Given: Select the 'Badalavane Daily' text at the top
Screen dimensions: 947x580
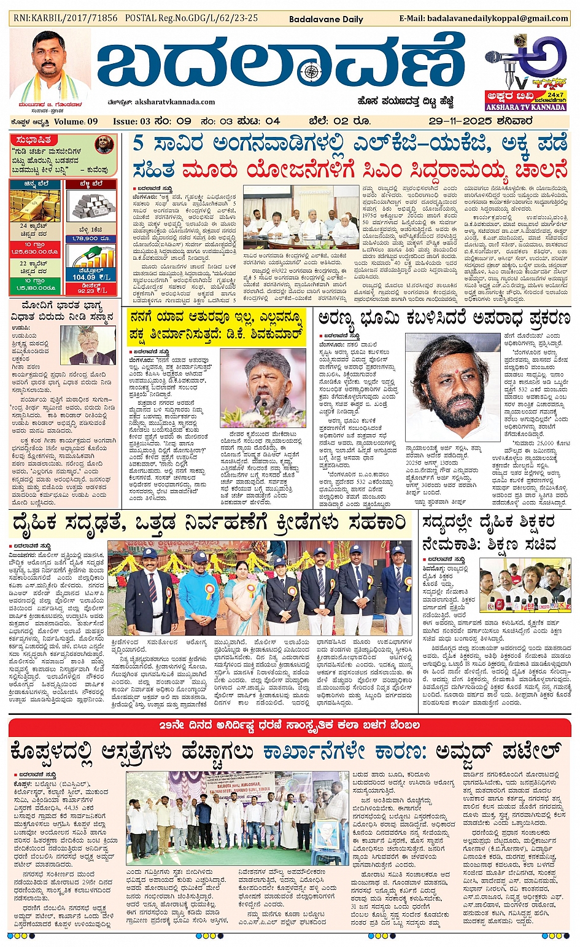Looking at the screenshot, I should pyautogui.click(x=326, y=19).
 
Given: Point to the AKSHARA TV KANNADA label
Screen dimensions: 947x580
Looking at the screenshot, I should pyautogui.click(x=525, y=107).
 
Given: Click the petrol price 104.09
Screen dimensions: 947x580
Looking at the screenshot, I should pyautogui.click(x=84, y=277).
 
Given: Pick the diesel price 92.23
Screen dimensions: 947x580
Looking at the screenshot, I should pyautogui.click(x=88, y=290).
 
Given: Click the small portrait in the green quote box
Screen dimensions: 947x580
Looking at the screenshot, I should pyautogui.click(x=105, y=146).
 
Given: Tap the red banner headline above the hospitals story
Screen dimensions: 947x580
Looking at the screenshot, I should pyautogui.click(x=290, y=725).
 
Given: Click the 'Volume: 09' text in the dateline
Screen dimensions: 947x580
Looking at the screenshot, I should pyautogui.click(x=77, y=121).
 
